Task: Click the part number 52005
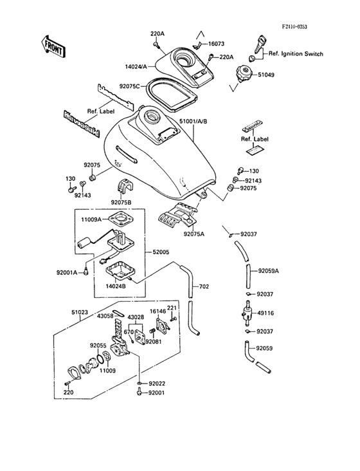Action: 161,254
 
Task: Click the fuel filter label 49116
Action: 265,313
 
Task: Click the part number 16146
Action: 158,310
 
